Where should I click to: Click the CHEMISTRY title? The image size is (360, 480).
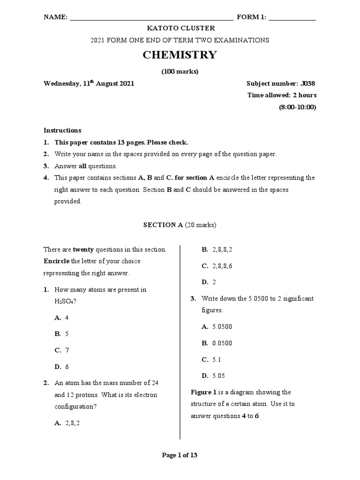(x=180, y=55)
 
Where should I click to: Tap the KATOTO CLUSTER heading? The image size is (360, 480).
(x=180, y=29)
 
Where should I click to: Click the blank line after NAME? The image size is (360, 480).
(x=150, y=19)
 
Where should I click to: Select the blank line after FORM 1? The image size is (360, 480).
(x=292, y=19)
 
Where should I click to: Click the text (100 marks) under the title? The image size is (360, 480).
(x=180, y=72)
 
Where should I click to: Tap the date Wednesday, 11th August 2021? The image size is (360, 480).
(x=89, y=83)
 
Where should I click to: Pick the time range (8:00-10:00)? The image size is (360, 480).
(x=297, y=107)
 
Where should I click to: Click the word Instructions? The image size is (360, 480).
(x=62, y=130)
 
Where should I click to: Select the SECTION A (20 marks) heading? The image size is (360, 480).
(x=180, y=225)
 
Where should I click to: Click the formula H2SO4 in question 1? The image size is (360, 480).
(x=65, y=301)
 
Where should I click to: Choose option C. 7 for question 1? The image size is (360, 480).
(x=62, y=350)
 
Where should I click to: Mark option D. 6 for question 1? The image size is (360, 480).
(x=62, y=367)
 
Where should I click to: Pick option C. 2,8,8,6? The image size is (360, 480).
(x=217, y=266)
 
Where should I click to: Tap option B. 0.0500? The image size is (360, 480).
(x=217, y=343)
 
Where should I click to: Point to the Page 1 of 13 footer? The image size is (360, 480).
(x=180, y=455)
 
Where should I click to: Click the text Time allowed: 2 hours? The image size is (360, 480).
(x=282, y=95)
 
